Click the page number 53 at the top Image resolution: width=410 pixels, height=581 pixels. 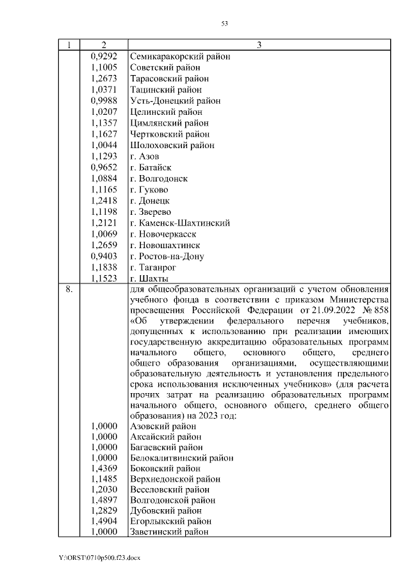(x=225, y=23)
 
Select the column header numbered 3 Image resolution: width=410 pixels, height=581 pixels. (x=259, y=45)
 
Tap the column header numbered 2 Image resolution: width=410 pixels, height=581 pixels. (x=103, y=45)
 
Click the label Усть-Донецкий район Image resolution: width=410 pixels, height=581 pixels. (x=175, y=101)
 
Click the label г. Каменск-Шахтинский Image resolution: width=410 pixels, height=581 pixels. (x=179, y=223)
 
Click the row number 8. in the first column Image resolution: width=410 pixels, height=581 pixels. (x=70, y=290)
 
